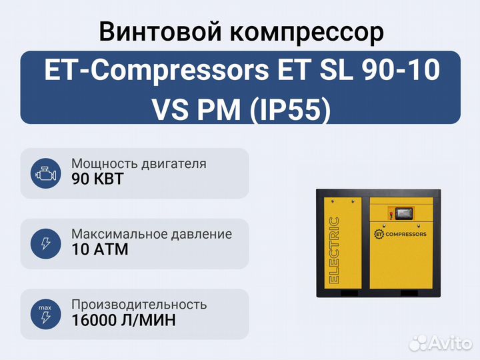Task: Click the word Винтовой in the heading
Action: tap(160, 32)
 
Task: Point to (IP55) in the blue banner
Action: tap(291, 109)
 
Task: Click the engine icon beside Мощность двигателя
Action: tap(45, 174)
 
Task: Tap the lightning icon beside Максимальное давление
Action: tap(45, 244)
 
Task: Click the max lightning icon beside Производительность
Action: tap(45, 315)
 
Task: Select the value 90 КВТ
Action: tap(97, 179)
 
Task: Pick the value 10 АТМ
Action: tap(100, 249)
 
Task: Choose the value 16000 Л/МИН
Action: tap(124, 320)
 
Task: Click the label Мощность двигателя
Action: tap(139, 164)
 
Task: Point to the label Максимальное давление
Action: tap(151, 234)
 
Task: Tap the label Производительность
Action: tap(139, 305)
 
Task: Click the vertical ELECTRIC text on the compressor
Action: tap(334, 250)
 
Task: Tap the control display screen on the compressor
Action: tap(405, 213)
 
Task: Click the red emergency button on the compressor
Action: tap(391, 213)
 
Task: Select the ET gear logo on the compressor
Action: tap(379, 234)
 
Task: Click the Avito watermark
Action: tap(441, 342)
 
